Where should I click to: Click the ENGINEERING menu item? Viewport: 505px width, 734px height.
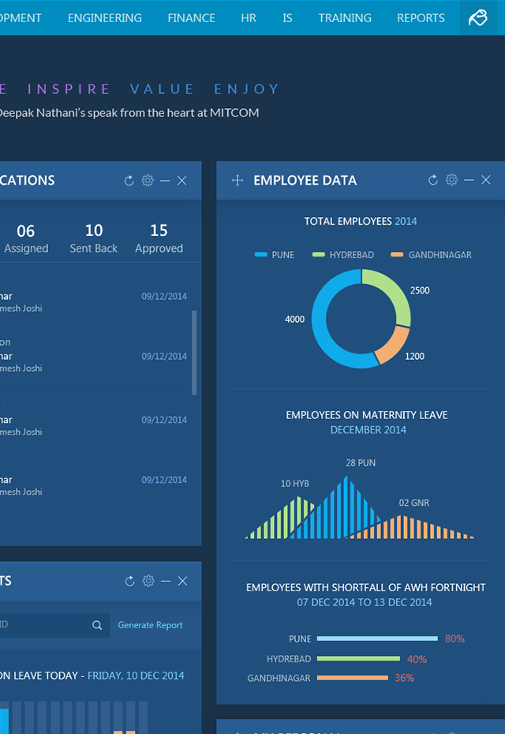[x=105, y=17]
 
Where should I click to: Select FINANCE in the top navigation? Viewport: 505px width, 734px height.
[x=191, y=17]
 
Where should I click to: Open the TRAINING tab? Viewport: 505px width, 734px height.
[x=345, y=17]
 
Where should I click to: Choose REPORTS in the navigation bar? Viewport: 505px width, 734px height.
[x=421, y=17]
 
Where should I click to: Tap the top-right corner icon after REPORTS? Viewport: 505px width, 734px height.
[x=478, y=17]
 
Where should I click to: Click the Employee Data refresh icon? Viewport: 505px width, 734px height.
[x=433, y=180]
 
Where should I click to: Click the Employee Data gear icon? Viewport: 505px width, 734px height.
[x=451, y=180]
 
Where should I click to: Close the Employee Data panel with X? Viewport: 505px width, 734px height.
[x=486, y=180]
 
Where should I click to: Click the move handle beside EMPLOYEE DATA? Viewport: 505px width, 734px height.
[x=238, y=180]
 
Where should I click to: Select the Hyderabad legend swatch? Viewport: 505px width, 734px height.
[x=319, y=255]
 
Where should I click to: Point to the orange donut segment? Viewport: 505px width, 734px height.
[x=392, y=346]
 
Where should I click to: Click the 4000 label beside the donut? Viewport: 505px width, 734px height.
[x=294, y=320]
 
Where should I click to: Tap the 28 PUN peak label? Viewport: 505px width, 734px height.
[x=361, y=462]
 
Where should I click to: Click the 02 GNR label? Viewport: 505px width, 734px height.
[x=414, y=503]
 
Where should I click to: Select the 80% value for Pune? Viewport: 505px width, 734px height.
[x=454, y=639]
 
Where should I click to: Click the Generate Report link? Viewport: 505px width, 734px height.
[x=150, y=625]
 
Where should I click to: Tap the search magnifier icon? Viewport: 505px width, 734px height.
[x=97, y=625]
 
